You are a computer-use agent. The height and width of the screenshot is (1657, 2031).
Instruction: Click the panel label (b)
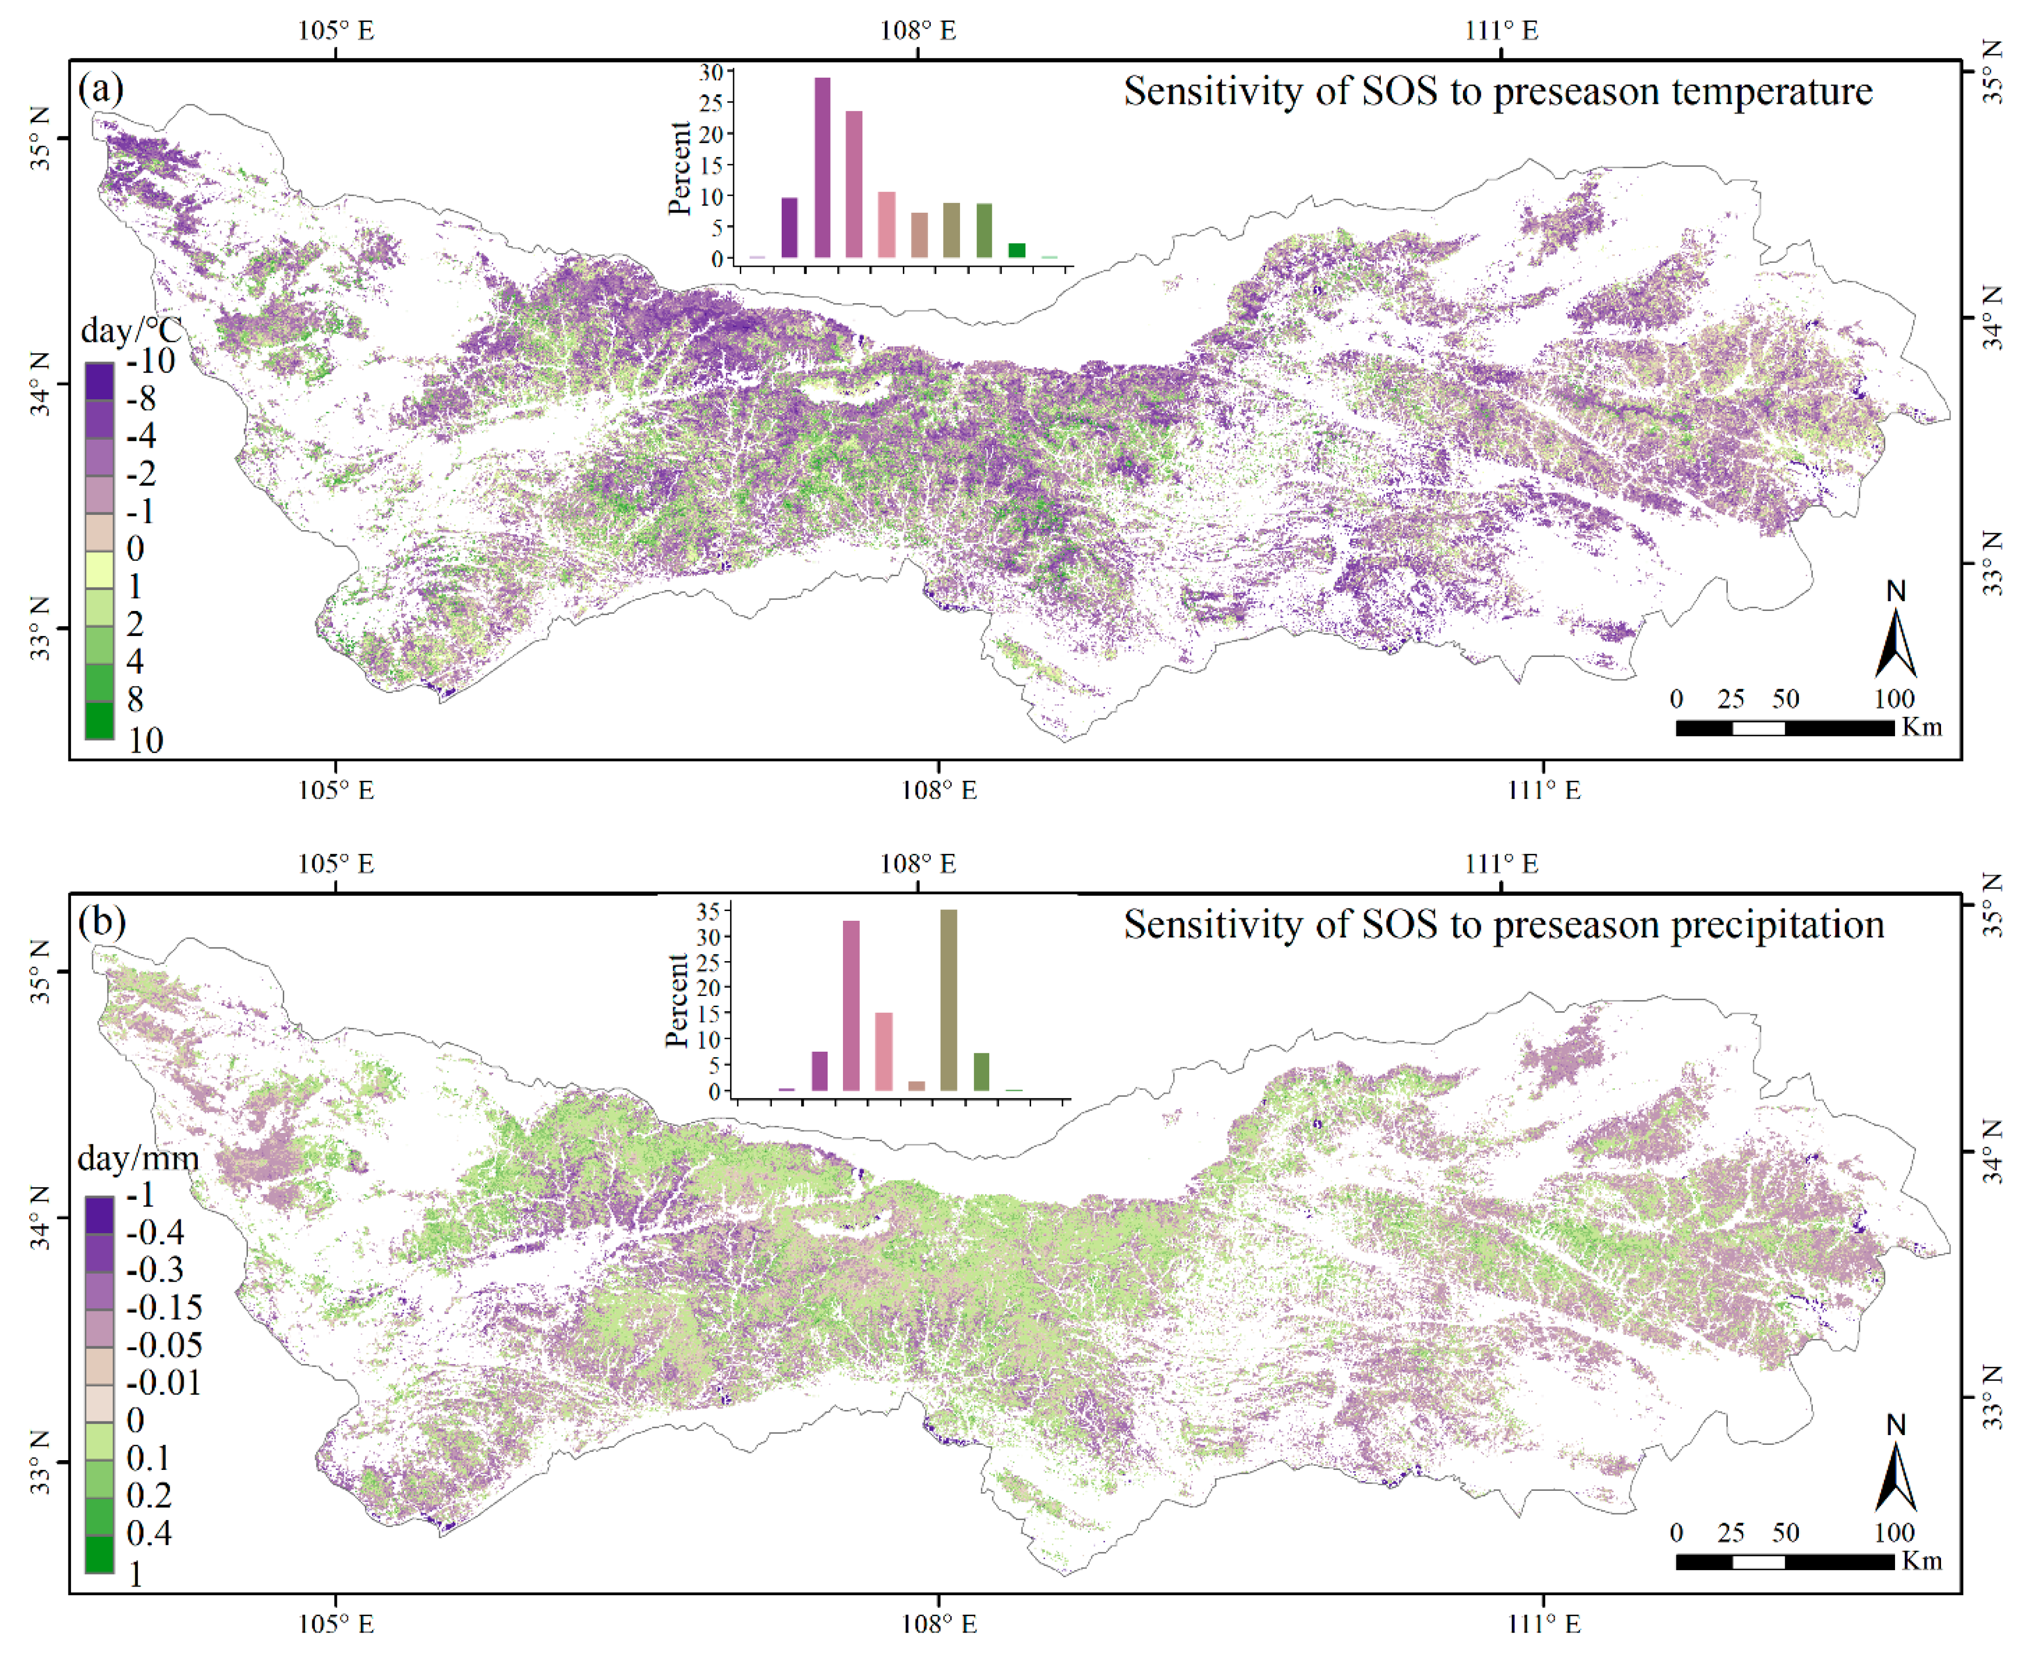tap(101, 922)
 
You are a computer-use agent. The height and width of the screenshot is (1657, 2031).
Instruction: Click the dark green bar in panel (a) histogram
tap(1016, 250)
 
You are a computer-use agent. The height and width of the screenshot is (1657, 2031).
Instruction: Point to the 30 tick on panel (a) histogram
tap(711, 72)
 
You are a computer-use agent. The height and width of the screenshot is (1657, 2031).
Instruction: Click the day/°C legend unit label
tap(131, 331)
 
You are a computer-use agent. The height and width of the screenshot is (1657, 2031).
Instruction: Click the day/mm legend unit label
tap(139, 1159)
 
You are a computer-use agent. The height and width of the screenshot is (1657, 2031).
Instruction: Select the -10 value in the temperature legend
tap(150, 361)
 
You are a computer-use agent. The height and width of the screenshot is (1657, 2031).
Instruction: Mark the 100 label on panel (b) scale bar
tap(1893, 1533)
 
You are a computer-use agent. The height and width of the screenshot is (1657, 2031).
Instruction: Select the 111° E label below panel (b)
tap(1543, 1623)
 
